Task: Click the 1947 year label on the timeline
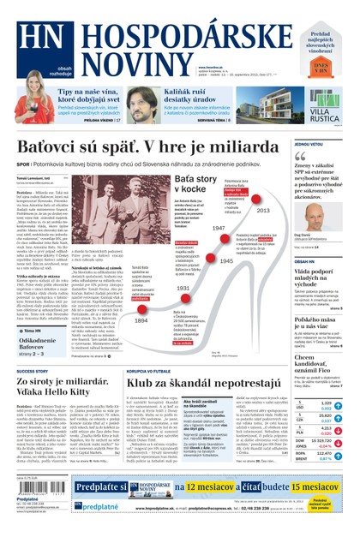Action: [x=219, y=229]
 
